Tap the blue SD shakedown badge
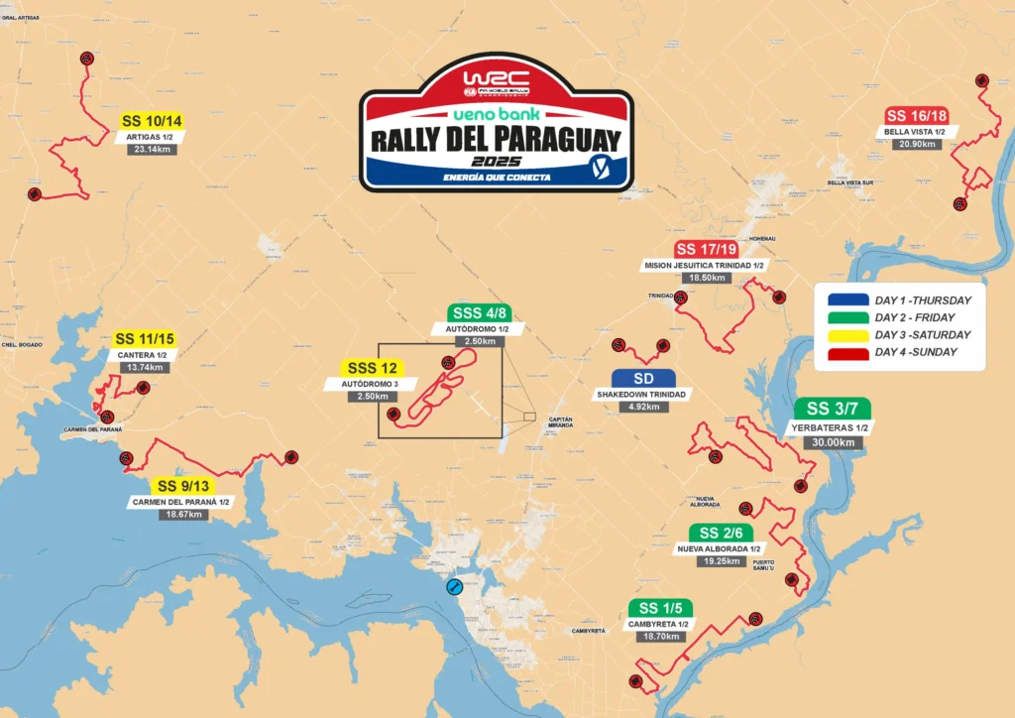(642, 378)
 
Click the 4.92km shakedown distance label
(642, 406)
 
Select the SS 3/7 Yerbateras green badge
(832, 409)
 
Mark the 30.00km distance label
(831, 442)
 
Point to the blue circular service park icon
(453, 587)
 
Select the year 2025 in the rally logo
(496, 161)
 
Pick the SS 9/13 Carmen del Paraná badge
(182, 486)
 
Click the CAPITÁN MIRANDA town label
(560, 422)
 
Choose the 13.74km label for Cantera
(147, 367)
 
